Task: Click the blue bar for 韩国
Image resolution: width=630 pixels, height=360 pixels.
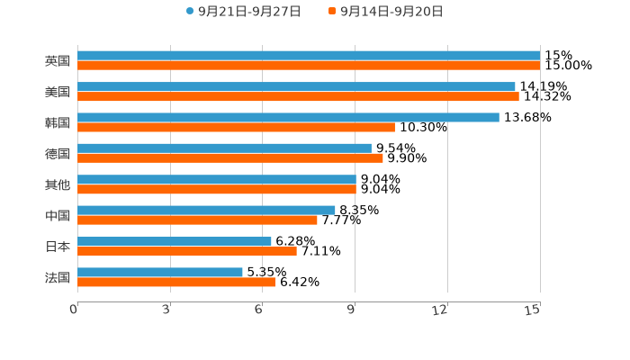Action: (x=288, y=117)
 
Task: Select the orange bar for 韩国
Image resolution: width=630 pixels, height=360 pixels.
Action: (x=236, y=127)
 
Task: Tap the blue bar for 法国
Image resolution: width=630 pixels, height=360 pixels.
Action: (x=160, y=272)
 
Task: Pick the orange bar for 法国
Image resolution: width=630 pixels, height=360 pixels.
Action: (x=176, y=282)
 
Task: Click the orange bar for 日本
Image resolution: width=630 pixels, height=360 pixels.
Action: (x=187, y=251)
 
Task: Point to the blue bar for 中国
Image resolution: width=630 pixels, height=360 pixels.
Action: (x=206, y=210)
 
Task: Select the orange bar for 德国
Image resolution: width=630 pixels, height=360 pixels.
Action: (x=230, y=157)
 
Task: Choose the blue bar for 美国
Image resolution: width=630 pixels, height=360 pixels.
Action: (x=296, y=86)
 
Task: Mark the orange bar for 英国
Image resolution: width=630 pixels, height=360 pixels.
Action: (x=309, y=66)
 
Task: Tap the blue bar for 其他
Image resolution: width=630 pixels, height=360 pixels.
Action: (x=217, y=179)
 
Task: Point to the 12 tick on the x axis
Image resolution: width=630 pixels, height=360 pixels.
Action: (x=440, y=310)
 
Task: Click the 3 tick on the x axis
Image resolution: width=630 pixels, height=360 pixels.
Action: (x=166, y=310)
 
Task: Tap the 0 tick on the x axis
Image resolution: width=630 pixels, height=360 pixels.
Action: (x=75, y=310)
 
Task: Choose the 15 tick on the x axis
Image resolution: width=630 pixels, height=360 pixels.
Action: (x=533, y=310)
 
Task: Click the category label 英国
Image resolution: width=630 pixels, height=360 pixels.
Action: (x=58, y=61)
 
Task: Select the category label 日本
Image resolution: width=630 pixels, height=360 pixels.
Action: (x=58, y=247)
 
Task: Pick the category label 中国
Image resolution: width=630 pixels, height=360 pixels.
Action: (x=58, y=216)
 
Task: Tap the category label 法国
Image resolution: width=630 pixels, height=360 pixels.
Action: (x=58, y=277)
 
